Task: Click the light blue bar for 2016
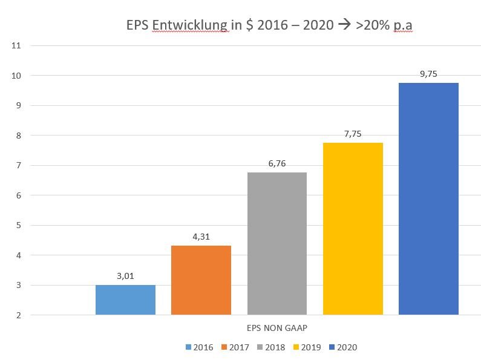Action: [x=125, y=299]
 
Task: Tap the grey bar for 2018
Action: [x=277, y=243]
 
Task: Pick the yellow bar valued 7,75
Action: [x=353, y=228]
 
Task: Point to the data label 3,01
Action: [x=125, y=277]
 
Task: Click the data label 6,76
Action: [x=277, y=164]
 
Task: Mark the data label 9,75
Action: [x=428, y=74]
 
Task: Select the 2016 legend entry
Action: [x=200, y=347]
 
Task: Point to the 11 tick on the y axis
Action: [x=16, y=45]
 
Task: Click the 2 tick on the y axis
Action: [x=19, y=315]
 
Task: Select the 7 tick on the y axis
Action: [x=19, y=165]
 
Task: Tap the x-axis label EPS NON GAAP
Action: [x=276, y=328]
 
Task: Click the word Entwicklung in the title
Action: [x=190, y=25]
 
